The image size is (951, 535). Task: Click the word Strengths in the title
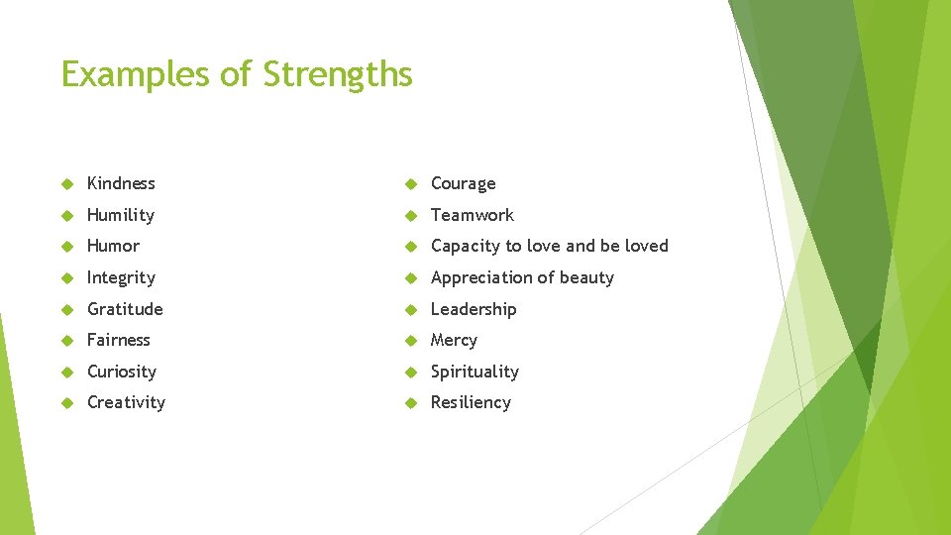pyautogui.click(x=338, y=74)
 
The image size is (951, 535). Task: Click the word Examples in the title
pyautogui.click(x=134, y=74)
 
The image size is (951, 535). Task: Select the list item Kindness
pyautogui.click(x=121, y=183)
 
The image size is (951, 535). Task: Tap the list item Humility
pyautogui.click(x=121, y=215)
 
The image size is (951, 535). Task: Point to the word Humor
pyautogui.click(x=113, y=246)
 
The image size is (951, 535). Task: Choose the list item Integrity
pyautogui.click(x=121, y=277)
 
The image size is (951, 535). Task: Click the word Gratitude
pyautogui.click(x=125, y=309)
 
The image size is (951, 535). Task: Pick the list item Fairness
pyautogui.click(x=119, y=340)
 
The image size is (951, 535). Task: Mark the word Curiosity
pyautogui.click(x=122, y=372)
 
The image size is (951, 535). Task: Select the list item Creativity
pyautogui.click(x=126, y=402)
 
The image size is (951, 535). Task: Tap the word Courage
pyautogui.click(x=463, y=184)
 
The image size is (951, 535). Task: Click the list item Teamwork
pyautogui.click(x=472, y=215)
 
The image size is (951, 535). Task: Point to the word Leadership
pyautogui.click(x=474, y=309)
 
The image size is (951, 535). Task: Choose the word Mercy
pyautogui.click(x=454, y=340)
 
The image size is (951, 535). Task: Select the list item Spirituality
pyautogui.click(x=475, y=372)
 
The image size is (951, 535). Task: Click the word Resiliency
pyautogui.click(x=471, y=402)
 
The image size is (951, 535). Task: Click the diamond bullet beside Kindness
pyautogui.click(x=67, y=184)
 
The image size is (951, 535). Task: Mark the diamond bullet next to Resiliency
pyautogui.click(x=411, y=403)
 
